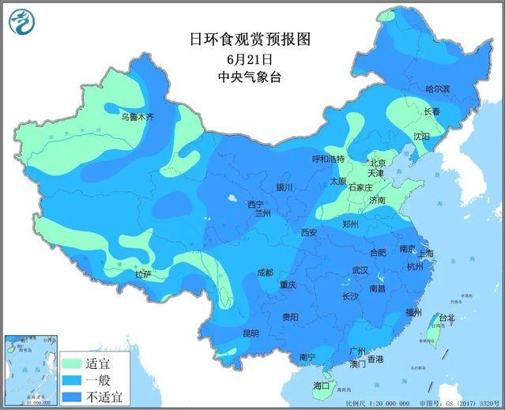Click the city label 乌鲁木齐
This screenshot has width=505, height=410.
[x=138, y=117]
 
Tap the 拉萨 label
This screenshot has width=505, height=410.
[x=142, y=274]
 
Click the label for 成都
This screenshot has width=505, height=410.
[x=264, y=273]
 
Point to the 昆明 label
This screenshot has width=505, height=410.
[x=250, y=333]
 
